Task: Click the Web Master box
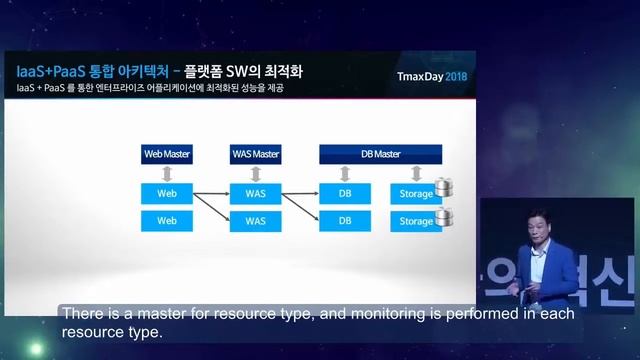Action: point(167,154)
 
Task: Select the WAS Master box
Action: point(255,154)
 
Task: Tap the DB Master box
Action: point(380,154)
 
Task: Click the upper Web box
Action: point(167,191)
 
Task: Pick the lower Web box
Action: point(167,220)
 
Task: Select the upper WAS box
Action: point(255,191)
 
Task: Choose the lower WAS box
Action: point(255,220)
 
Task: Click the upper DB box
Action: point(345,191)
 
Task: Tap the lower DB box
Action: point(345,220)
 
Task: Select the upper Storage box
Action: point(412,191)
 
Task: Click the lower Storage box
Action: point(412,220)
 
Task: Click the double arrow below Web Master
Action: point(167,172)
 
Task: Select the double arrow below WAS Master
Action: point(255,172)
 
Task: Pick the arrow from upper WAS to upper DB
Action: point(300,191)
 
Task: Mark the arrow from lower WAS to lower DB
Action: point(300,220)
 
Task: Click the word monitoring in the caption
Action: point(390,314)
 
